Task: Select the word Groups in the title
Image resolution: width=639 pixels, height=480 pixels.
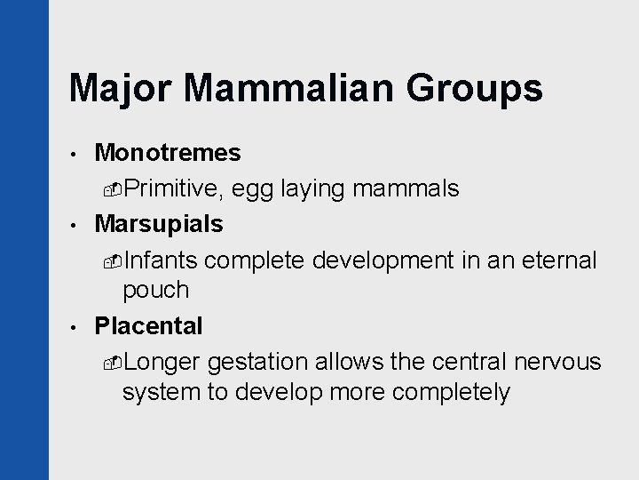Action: tap(474, 88)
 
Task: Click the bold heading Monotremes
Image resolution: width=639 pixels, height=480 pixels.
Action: tap(168, 153)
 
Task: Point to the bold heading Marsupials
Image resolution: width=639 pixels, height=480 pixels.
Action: tap(159, 223)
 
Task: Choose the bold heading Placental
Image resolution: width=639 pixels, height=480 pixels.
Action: tap(148, 326)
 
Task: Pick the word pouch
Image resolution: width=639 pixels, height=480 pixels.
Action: tap(156, 290)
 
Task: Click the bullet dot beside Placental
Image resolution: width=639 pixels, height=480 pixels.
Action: tap(76, 327)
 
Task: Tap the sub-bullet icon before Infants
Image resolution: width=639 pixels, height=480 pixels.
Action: tap(114, 260)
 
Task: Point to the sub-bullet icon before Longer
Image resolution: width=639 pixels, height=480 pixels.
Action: tap(114, 362)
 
